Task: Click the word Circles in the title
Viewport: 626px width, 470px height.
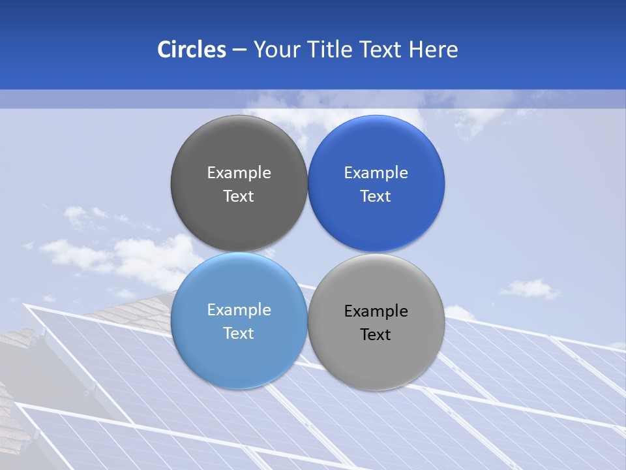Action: click(x=191, y=50)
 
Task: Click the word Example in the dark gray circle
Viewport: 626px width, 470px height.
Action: click(x=239, y=173)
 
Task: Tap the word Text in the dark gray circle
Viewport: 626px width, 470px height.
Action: click(x=239, y=196)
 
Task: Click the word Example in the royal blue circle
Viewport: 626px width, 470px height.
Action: click(x=376, y=173)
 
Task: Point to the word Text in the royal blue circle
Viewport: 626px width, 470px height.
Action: click(x=376, y=196)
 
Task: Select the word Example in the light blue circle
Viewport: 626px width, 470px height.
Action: click(x=239, y=310)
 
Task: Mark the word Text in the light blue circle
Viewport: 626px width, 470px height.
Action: click(x=239, y=334)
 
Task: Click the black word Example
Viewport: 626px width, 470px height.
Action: click(x=376, y=311)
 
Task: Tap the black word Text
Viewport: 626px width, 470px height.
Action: click(x=376, y=335)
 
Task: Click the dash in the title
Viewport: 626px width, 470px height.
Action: click(x=239, y=50)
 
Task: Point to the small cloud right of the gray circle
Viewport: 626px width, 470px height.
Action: click(x=531, y=289)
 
